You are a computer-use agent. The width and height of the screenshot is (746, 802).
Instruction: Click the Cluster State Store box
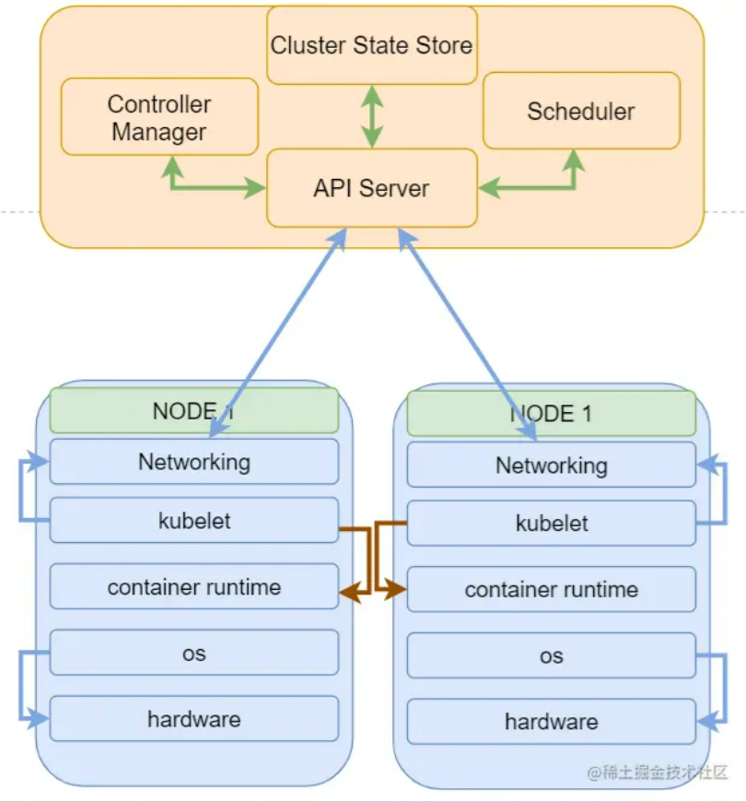pos(371,45)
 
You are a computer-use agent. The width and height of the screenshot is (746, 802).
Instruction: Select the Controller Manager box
pos(159,116)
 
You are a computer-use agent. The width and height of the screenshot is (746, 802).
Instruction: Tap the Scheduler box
pos(580,112)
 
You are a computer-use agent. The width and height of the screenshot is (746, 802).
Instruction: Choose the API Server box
pos(371,188)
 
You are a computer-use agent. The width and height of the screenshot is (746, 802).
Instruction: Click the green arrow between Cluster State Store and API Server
pos(371,116)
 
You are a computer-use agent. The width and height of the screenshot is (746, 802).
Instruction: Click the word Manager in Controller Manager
pos(159,132)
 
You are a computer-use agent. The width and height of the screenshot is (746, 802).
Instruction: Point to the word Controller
pos(159,104)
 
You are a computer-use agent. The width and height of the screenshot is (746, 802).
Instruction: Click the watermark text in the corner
pos(658,773)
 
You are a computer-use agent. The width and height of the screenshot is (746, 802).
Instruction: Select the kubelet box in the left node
pos(194,521)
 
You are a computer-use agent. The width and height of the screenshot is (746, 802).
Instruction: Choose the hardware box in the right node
pos(551,722)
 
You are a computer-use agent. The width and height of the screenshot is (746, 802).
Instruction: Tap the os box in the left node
pos(194,654)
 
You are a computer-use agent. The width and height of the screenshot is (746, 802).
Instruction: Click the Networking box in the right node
pos(551,466)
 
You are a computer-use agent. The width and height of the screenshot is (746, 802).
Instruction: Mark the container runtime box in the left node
pos(194,587)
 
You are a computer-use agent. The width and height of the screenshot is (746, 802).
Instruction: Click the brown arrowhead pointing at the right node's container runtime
pos(397,588)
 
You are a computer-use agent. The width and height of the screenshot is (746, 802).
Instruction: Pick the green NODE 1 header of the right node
pos(551,413)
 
